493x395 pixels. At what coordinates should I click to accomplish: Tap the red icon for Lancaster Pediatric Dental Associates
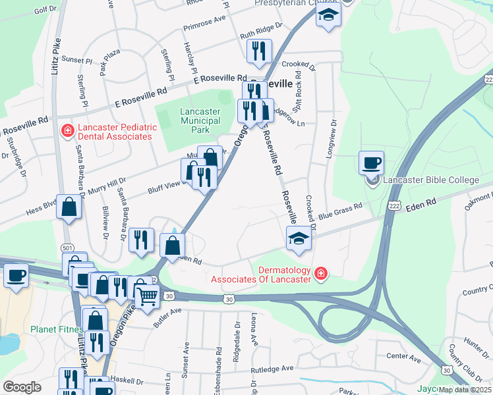[x=67, y=132]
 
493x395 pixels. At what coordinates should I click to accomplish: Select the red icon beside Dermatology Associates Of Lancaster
[x=320, y=273]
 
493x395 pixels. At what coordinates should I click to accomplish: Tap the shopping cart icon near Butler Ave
[x=147, y=297]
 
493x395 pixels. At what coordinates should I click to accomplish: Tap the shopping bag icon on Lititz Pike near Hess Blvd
[x=69, y=207]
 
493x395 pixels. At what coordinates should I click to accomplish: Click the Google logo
[x=22, y=387]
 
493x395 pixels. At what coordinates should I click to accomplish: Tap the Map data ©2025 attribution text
[x=465, y=390]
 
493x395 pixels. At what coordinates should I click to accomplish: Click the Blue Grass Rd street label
[x=341, y=210]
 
